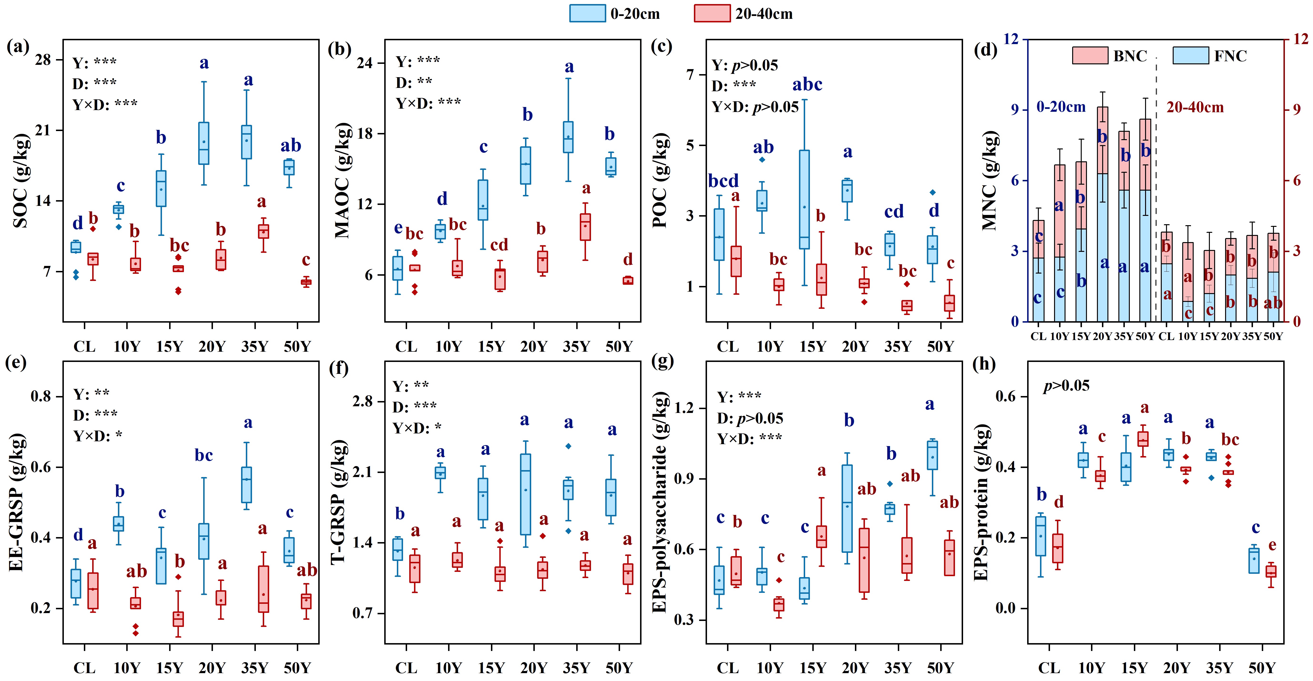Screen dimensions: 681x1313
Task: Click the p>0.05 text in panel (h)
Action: coord(1066,386)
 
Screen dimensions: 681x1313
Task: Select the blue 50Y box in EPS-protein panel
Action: coord(1254,561)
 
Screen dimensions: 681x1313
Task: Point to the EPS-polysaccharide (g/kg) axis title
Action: coord(661,502)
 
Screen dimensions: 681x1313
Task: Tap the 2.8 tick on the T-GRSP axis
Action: coord(363,402)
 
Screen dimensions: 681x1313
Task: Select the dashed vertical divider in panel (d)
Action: coord(1156,189)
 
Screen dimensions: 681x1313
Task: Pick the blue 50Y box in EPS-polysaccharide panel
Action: coord(932,455)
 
